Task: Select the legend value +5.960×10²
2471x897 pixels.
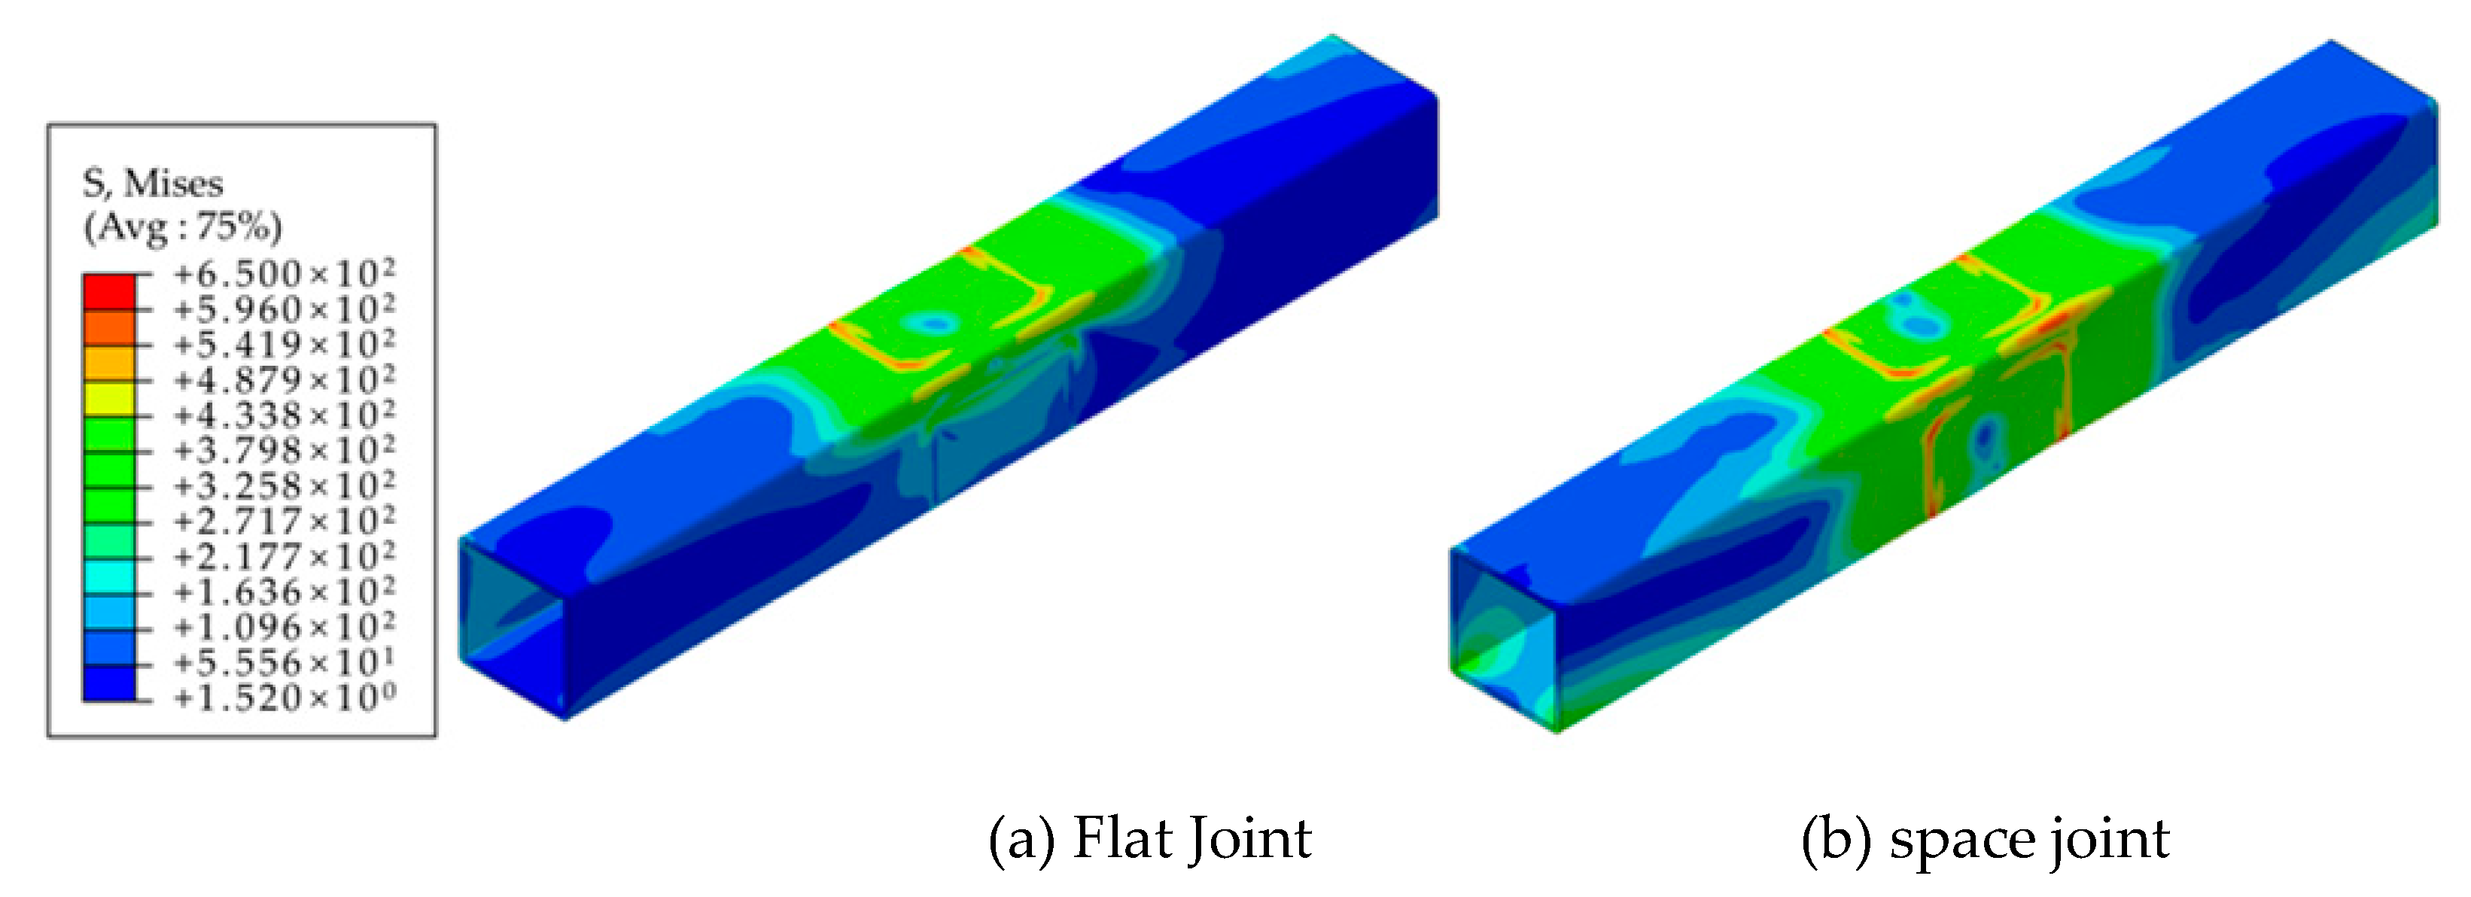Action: pos(284,309)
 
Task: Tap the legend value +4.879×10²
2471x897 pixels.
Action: pos(284,380)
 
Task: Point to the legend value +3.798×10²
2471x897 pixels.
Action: pos(284,450)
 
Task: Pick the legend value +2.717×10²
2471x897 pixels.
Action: pos(284,521)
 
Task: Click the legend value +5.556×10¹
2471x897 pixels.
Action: pos(284,662)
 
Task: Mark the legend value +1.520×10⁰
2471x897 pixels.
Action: pos(284,698)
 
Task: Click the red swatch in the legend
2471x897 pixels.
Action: pos(109,292)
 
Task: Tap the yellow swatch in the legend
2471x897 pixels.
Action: pos(109,397)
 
